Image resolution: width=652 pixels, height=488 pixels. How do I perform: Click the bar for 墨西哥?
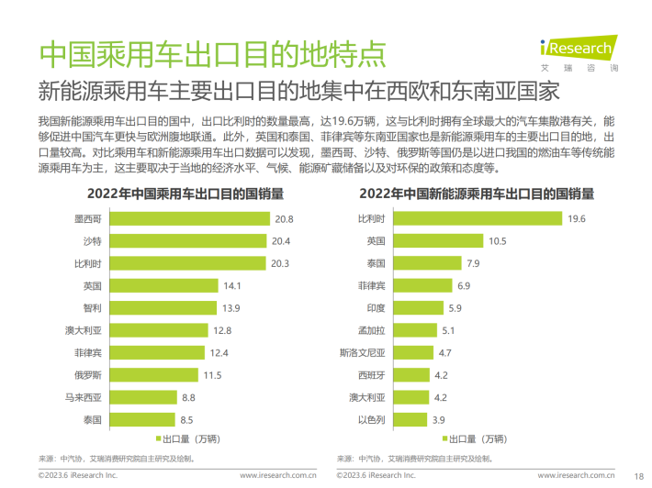tap(188, 219)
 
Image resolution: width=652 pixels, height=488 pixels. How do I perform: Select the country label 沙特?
tap(92, 241)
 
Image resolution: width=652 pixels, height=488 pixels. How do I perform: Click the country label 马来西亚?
tap(84, 397)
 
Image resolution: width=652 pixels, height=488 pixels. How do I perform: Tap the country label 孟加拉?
tap(373, 330)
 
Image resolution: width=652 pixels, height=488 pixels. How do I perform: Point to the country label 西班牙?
tap(373, 374)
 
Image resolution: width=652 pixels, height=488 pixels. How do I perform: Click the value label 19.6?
tap(576, 219)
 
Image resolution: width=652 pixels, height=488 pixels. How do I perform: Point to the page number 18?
tap(638, 475)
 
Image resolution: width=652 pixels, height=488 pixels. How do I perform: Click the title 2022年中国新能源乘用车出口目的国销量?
tap(476, 194)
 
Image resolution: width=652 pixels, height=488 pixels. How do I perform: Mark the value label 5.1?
tap(448, 330)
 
